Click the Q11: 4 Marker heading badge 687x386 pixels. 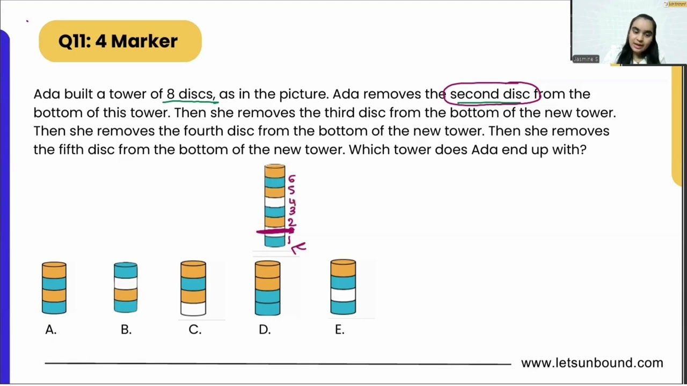[x=120, y=41]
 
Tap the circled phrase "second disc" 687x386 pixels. [x=489, y=94]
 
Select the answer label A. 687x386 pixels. [x=51, y=330]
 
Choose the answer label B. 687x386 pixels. [x=126, y=330]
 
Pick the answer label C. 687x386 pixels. [x=195, y=330]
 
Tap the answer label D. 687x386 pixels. [x=265, y=330]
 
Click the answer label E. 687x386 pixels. [x=340, y=330]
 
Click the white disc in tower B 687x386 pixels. [x=126, y=283]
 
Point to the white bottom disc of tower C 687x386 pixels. [x=193, y=309]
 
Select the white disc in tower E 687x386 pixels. [x=343, y=295]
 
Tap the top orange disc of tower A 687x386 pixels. [x=54, y=270]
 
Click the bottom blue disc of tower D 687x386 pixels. [x=267, y=308]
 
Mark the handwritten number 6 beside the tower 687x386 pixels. [x=291, y=179]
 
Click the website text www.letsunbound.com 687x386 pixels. [x=592, y=363]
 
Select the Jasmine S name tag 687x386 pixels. [x=586, y=59]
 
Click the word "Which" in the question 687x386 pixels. [x=370, y=150]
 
